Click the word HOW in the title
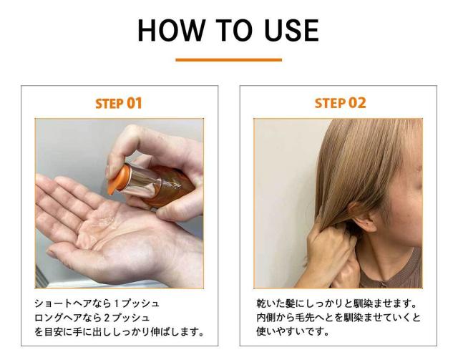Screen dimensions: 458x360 pyautogui.click(x=171, y=30)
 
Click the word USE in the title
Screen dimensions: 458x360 pyautogui.click(x=291, y=30)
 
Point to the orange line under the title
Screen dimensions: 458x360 pyautogui.click(x=229, y=60)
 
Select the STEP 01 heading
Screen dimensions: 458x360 pyautogui.click(x=119, y=104)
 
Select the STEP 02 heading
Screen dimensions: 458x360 pyautogui.click(x=341, y=103)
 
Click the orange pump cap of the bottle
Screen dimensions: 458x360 pyautogui.click(x=119, y=179)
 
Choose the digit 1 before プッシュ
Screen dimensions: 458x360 pyautogui.click(x=117, y=304)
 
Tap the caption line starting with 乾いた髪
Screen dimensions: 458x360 pyautogui.click(x=336, y=303)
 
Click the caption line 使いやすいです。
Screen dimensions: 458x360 pyautogui.click(x=293, y=331)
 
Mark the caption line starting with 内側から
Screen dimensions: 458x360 pyautogui.click(x=338, y=318)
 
